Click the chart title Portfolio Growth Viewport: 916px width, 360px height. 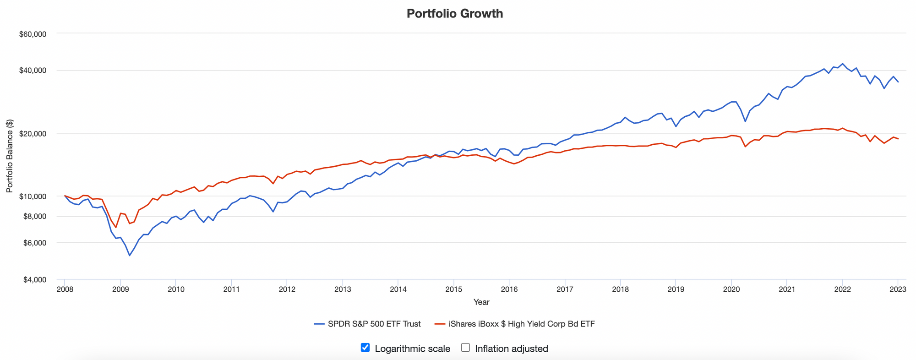click(454, 14)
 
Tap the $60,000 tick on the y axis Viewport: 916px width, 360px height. click(34, 34)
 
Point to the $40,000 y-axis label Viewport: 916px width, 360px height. click(34, 71)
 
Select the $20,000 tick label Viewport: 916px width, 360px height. click(34, 134)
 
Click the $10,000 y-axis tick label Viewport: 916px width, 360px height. click(34, 196)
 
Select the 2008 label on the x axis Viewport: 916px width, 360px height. click(65, 289)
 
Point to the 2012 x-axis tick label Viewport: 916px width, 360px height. click(287, 289)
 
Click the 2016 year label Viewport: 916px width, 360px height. click(509, 289)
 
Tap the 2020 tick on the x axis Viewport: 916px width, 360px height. click(731, 289)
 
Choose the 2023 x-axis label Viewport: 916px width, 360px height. click(898, 289)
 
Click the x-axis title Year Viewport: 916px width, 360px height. click(481, 302)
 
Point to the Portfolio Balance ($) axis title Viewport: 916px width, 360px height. click(10, 156)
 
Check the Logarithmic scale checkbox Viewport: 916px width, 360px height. click(365, 348)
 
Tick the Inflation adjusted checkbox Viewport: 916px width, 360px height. click(465, 348)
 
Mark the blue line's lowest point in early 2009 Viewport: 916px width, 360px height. click(130, 255)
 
